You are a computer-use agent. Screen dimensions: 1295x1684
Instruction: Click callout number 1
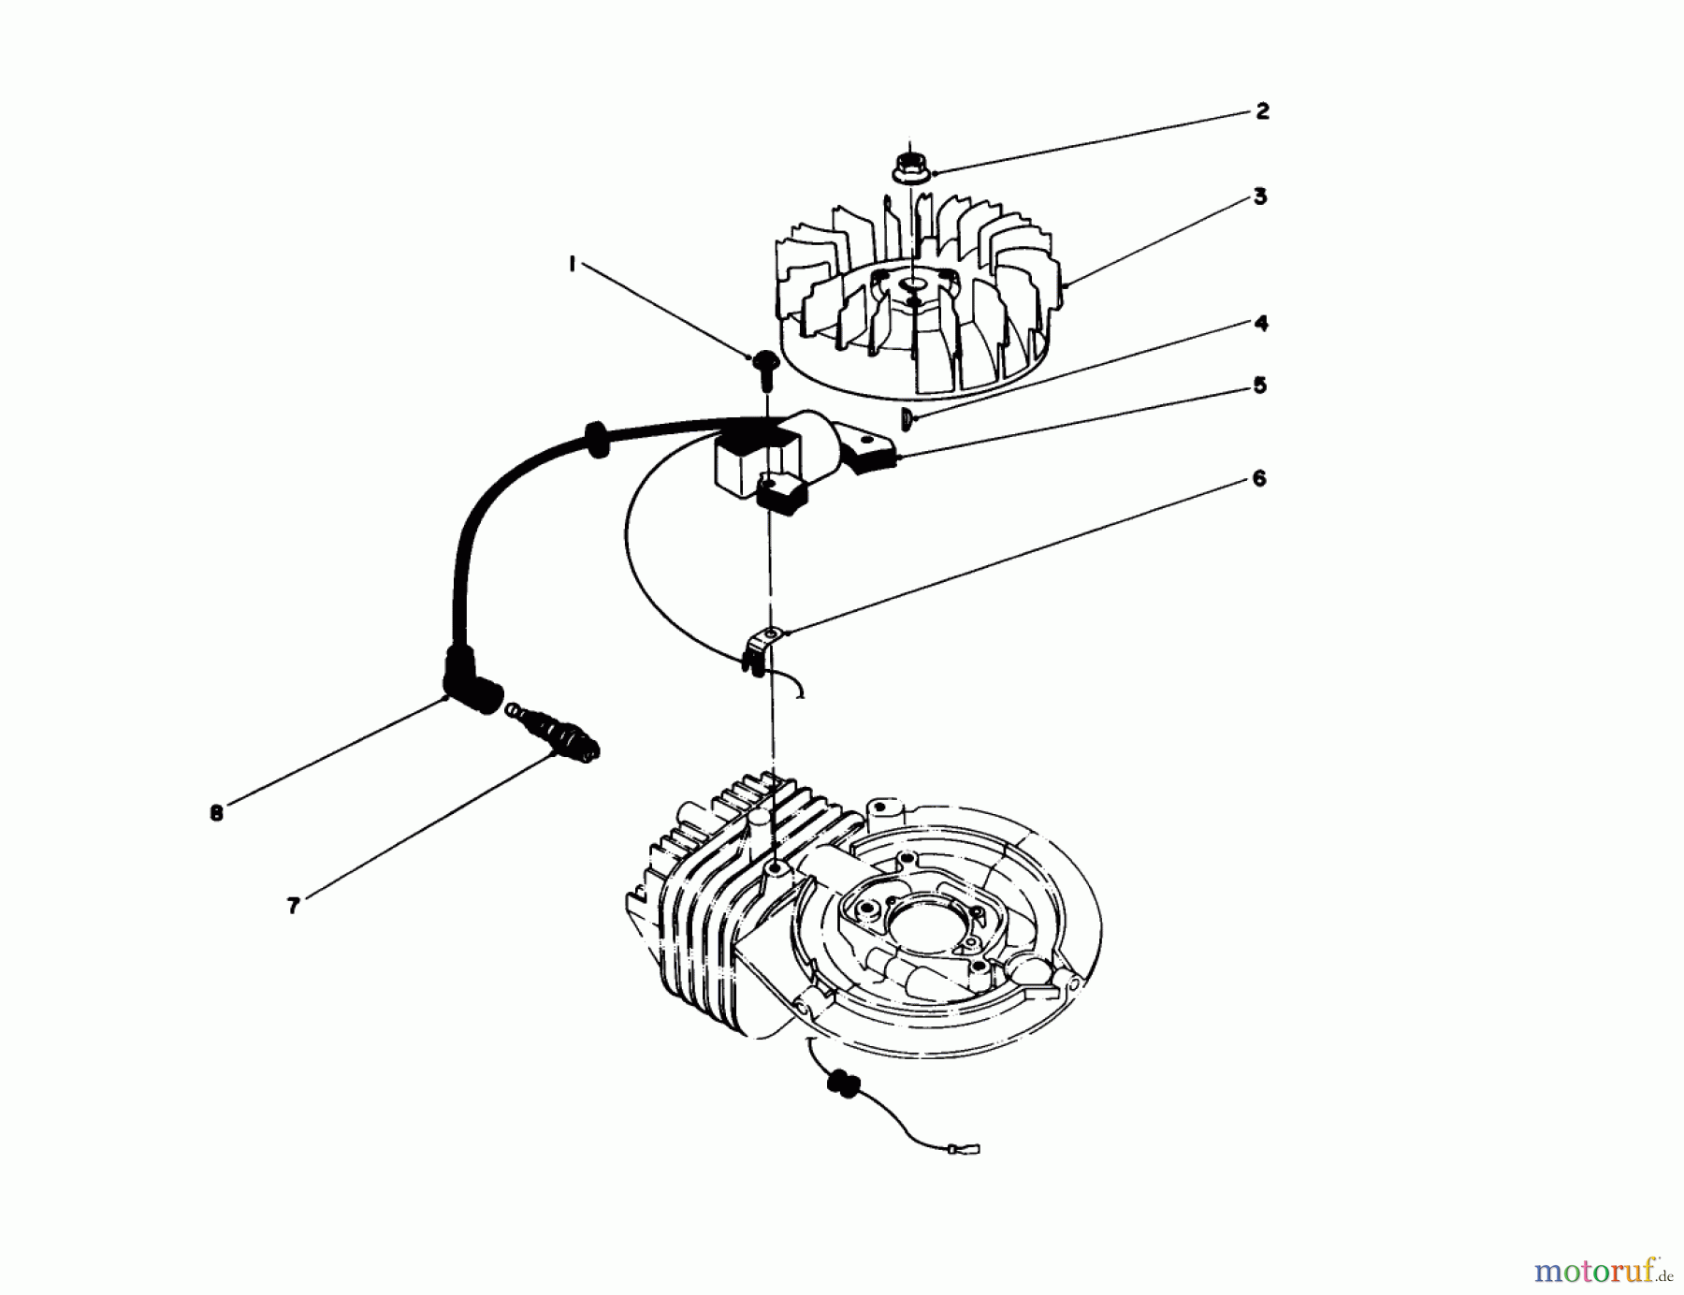tap(572, 265)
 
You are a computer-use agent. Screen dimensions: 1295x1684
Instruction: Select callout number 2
tap(1262, 111)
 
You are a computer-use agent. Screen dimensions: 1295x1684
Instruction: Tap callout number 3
tap(1260, 196)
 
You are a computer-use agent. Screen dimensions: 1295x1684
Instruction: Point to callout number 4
tap(1260, 324)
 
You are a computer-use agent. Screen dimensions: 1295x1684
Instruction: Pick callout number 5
tap(1259, 386)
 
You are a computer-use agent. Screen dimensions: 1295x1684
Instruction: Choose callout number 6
tap(1258, 478)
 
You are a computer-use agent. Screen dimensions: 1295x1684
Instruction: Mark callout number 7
tap(293, 906)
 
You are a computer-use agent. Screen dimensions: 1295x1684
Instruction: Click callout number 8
tap(216, 812)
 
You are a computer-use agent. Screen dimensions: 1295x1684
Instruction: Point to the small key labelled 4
tap(907, 417)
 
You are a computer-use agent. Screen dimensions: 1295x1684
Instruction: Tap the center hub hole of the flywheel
tap(912, 282)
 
